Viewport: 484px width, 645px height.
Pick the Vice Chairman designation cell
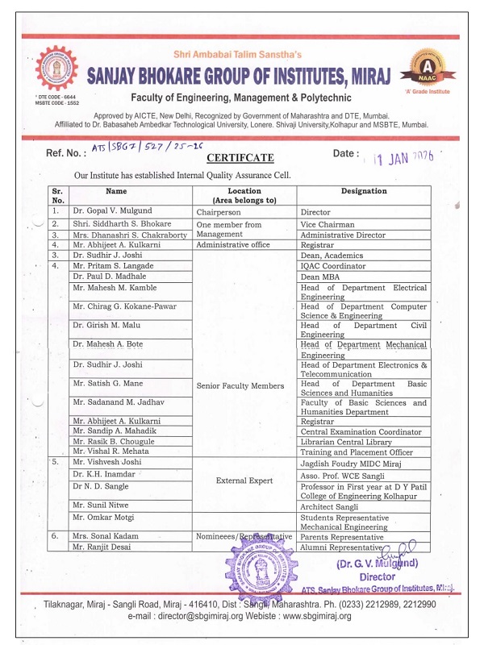coord(327,224)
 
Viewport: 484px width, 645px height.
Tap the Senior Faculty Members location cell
coord(240,386)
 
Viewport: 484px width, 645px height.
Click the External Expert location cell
coord(245,481)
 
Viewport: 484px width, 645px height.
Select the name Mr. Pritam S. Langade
coord(112,265)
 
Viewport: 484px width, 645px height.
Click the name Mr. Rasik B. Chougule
coord(113,442)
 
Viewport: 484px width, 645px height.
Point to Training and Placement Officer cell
coord(356,453)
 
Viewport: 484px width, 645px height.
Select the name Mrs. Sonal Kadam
coord(105,535)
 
